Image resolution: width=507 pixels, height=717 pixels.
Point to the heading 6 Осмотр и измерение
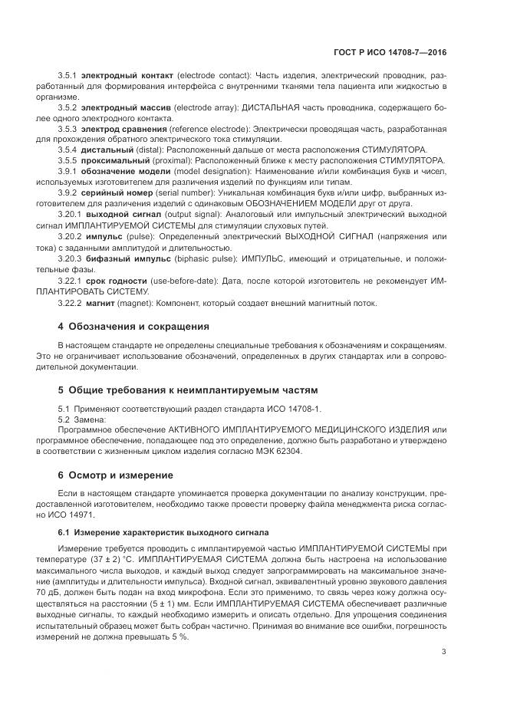[x=116, y=475]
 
